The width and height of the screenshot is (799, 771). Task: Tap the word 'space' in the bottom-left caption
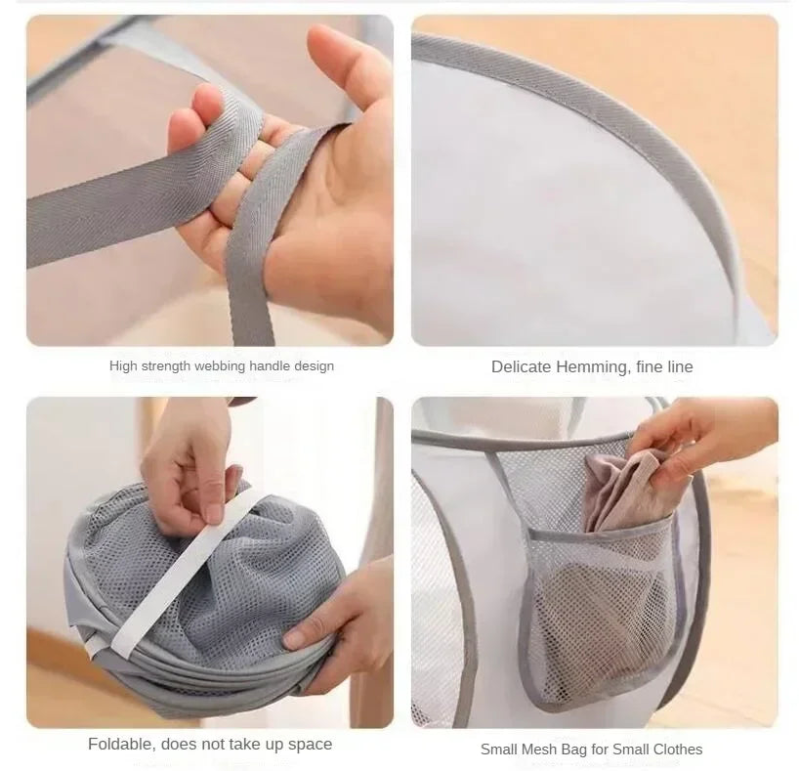click(x=310, y=745)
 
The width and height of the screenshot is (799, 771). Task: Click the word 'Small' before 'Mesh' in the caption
click(x=500, y=750)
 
